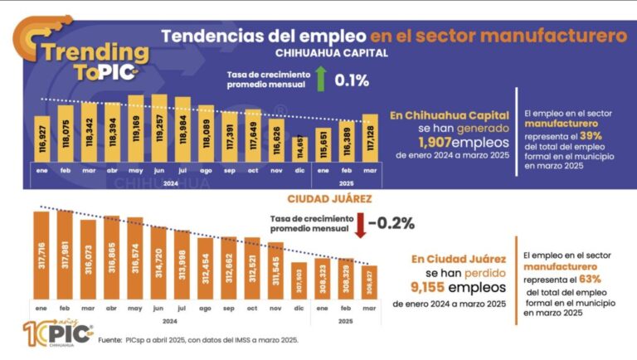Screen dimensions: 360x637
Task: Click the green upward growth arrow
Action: pos(320,79)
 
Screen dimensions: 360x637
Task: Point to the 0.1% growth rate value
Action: pos(352,80)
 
